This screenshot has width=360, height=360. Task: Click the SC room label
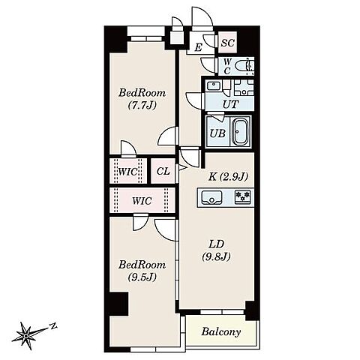tap(227, 43)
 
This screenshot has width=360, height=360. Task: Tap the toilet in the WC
tap(244, 66)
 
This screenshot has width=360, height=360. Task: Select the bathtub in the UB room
tap(241, 132)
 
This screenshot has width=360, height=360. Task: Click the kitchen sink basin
tap(211, 196)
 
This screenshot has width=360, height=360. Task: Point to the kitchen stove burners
tap(242, 196)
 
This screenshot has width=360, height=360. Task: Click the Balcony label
tap(221, 331)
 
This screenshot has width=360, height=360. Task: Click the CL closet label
tap(163, 171)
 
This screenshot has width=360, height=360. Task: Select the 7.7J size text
tap(142, 105)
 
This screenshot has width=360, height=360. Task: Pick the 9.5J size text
tap(142, 277)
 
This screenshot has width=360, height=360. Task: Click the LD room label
tap(217, 244)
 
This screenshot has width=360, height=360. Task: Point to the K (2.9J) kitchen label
tap(228, 177)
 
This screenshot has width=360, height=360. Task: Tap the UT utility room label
tap(230, 104)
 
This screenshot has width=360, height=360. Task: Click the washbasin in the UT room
tap(213, 85)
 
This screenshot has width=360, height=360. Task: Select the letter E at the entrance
tap(198, 47)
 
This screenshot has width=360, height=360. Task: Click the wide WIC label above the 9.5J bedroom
tap(142, 201)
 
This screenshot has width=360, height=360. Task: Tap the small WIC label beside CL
tap(127, 172)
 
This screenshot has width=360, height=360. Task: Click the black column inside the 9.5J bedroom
tap(119, 304)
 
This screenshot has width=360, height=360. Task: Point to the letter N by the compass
tap(53, 325)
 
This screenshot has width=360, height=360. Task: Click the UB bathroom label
tap(217, 133)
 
